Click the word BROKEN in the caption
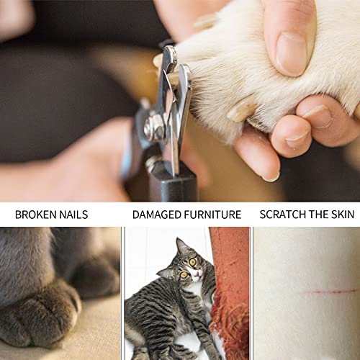[36, 215]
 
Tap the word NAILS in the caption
[73, 215]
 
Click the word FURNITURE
[213, 215]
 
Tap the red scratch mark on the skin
[330, 292]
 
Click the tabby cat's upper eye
[192, 262]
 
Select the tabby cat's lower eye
[184, 274]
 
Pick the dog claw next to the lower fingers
[240, 109]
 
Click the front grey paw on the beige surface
[41, 317]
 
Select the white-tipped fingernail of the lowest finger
[271, 177]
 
